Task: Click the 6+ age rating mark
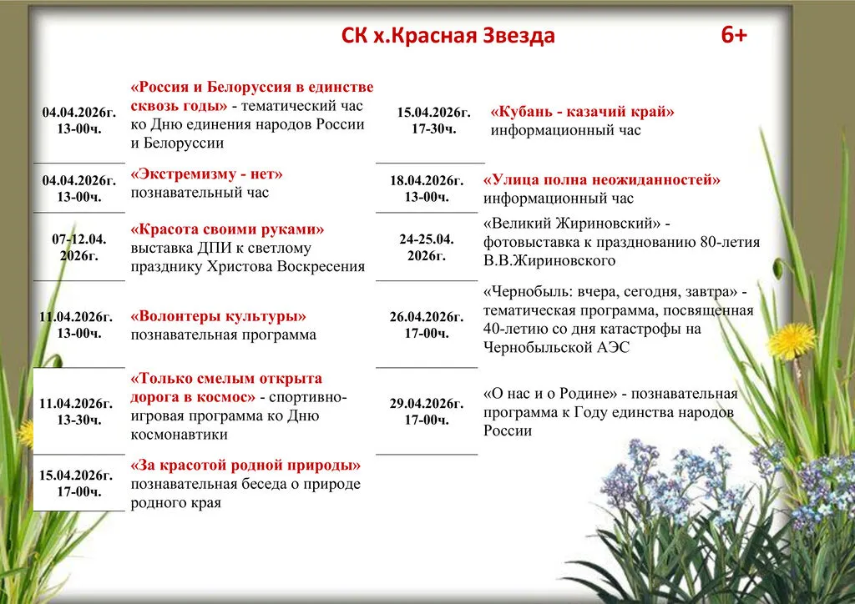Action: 733,35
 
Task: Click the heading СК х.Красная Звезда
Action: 448,36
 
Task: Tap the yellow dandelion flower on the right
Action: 792,340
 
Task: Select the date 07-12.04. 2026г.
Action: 79,247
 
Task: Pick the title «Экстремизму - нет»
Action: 207,174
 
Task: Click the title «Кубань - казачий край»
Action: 582,112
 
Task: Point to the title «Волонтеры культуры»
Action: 218,316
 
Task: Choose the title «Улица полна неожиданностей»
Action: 601,179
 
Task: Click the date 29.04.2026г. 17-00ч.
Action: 427,412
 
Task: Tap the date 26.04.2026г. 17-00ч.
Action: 427,325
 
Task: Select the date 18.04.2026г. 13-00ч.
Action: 427,189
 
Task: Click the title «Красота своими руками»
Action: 227,229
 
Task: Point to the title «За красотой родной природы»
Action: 245,466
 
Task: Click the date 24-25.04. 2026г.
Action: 427,247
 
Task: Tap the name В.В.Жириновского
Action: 549,261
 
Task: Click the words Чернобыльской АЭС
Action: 556,348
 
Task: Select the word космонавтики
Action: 179,435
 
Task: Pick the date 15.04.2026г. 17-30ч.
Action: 433,120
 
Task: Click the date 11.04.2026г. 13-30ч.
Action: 76,412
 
